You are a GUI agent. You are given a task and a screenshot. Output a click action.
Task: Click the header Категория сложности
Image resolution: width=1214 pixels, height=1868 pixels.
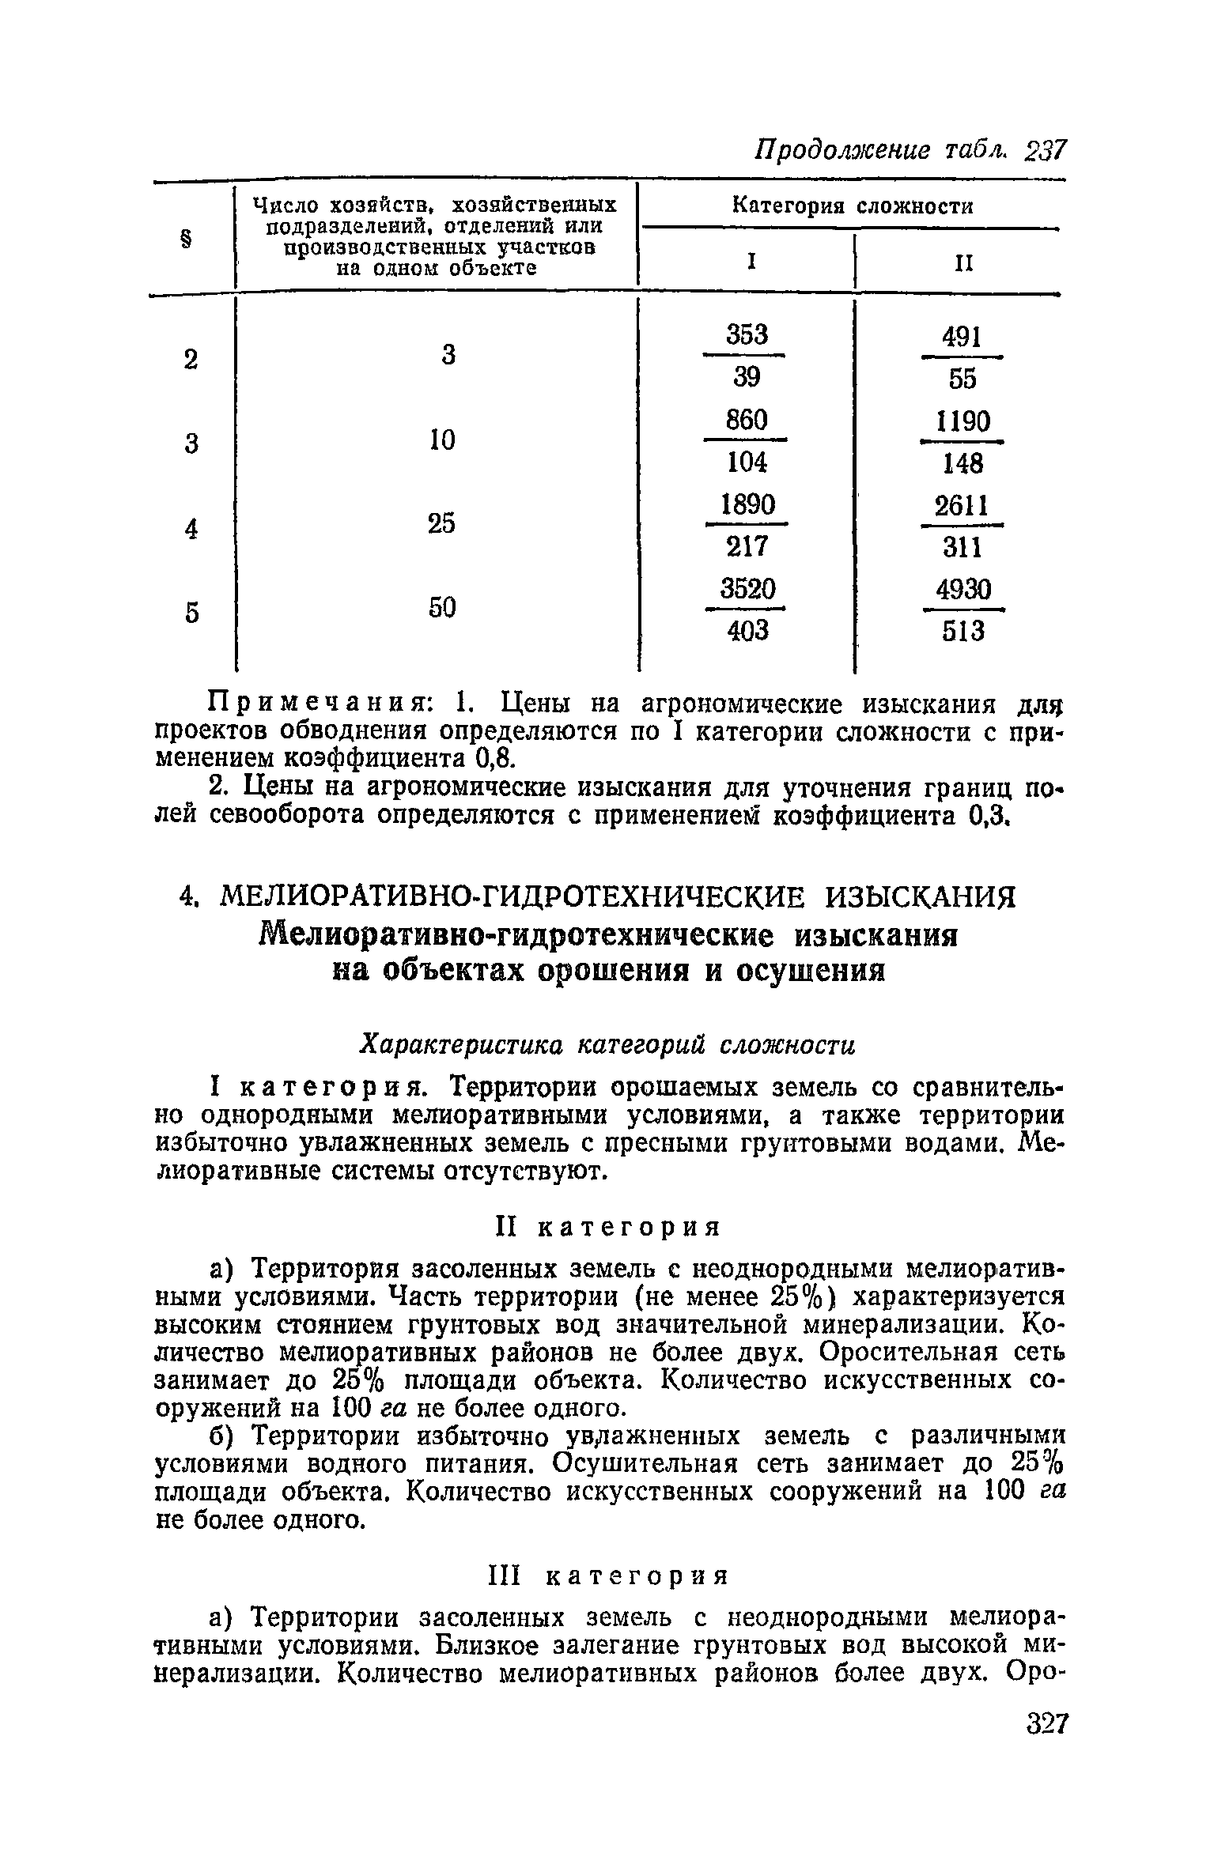click(851, 207)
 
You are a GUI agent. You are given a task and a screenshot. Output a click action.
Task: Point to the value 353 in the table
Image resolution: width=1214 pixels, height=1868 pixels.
click(747, 335)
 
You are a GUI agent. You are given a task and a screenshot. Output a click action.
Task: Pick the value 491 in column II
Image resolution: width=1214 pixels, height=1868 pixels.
click(962, 338)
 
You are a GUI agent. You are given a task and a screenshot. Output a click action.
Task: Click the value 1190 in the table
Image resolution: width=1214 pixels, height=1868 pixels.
click(963, 421)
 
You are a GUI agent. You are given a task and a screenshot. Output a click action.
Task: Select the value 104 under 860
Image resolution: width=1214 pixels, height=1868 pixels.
click(747, 462)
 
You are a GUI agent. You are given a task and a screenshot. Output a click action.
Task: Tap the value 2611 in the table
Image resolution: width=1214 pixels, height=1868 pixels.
click(962, 505)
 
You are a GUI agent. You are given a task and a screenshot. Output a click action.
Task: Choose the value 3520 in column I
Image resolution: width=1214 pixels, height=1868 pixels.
click(747, 589)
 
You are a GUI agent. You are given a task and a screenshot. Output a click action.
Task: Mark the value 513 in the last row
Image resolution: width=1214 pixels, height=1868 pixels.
click(963, 631)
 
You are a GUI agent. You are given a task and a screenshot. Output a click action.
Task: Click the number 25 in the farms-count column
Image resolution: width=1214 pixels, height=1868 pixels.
click(441, 523)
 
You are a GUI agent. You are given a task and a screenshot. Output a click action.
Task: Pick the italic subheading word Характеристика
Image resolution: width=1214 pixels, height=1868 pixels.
click(464, 1045)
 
